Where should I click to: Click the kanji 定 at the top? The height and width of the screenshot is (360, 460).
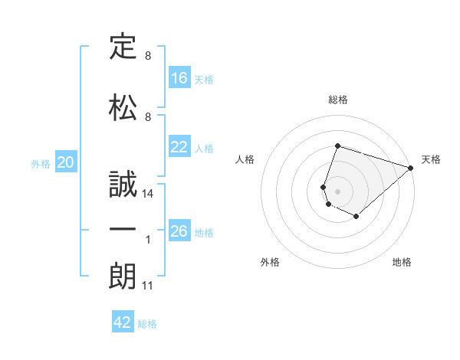click(123, 47)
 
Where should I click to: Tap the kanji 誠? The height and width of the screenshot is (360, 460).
click(123, 184)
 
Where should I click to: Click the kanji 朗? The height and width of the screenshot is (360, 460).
click(123, 277)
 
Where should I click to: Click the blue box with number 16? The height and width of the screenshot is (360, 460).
click(179, 78)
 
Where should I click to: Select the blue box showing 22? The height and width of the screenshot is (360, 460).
click(179, 148)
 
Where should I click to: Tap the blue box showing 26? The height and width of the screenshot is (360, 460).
click(179, 231)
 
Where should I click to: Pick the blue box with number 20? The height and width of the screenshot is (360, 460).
click(66, 162)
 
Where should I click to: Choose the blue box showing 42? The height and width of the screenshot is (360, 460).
click(123, 322)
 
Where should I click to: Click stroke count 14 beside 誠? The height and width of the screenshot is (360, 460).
click(148, 195)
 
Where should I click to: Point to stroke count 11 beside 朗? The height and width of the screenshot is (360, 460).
click(148, 286)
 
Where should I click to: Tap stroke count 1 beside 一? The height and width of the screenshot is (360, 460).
click(148, 240)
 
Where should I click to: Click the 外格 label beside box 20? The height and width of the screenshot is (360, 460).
click(41, 163)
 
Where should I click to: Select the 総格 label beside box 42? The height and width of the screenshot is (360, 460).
click(147, 323)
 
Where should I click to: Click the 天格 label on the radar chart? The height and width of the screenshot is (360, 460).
click(431, 159)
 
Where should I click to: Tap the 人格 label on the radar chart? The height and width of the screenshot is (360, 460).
click(245, 159)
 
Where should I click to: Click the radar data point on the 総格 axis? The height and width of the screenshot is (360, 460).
click(337, 146)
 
